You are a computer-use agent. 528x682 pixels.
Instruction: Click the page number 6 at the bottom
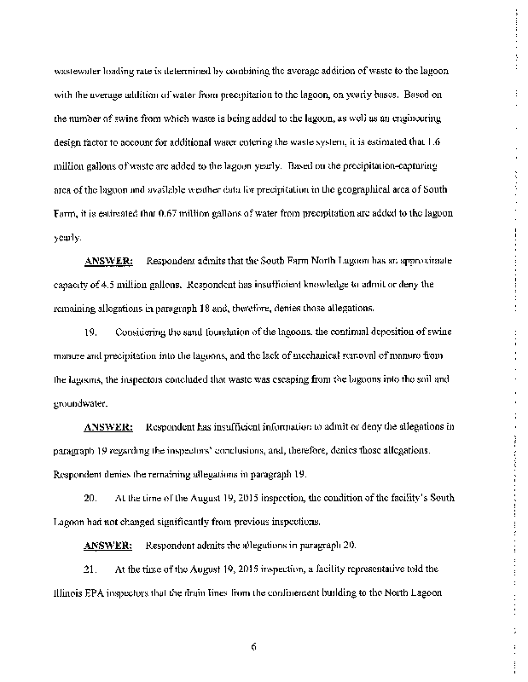(x=254, y=645)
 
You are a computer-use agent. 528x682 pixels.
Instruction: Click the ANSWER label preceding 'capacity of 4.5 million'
(x=107, y=260)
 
